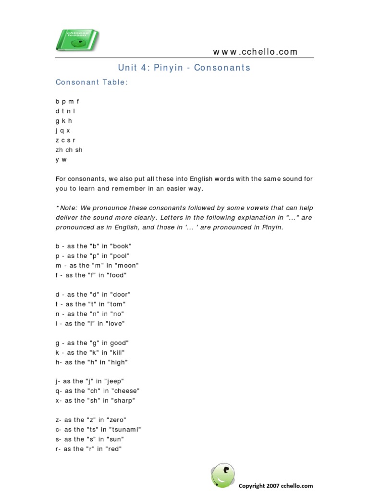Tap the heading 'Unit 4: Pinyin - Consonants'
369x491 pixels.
pos(184,68)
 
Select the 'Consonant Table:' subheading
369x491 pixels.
pos(92,82)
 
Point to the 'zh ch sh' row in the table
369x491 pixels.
pos(69,150)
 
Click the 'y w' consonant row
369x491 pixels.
pos(61,159)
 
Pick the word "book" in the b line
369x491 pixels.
pos(121,246)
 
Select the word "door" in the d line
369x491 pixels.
pos(120,294)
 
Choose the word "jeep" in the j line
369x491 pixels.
pos(115,381)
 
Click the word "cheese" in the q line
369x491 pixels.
pos(127,391)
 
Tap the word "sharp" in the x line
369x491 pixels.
pos(123,400)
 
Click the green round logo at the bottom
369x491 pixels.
pos(223,475)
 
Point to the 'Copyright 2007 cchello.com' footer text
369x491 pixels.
pos(276,485)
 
